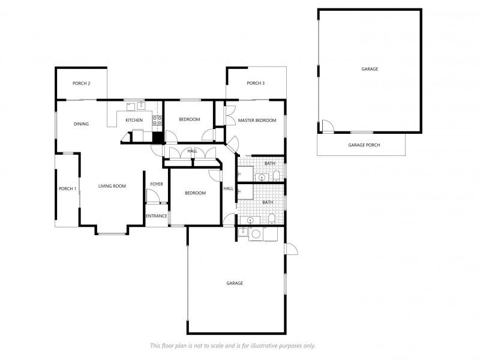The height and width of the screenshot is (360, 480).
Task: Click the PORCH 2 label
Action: pos(81,83)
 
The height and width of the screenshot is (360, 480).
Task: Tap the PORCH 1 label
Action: pos(67,188)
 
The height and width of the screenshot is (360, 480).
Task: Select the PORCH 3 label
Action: pos(256,83)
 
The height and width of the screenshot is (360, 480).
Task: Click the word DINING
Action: pos(81,124)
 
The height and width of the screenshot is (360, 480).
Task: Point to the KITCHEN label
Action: pos(134,121)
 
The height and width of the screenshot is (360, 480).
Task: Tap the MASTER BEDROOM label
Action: pos(257,121)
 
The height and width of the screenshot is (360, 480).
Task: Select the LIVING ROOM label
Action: pos(112,186)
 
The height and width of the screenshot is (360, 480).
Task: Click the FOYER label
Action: pos(157,184)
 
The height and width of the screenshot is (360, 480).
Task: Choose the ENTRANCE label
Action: pos(156,216)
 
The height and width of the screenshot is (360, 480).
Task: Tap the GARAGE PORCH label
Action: pos(364,145)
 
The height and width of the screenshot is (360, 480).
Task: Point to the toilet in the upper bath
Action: pos(275,176)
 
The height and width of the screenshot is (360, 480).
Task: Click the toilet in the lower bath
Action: pos(272,217)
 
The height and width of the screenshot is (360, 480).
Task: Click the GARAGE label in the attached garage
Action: pos(235,283)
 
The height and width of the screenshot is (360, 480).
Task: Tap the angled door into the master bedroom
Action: pos(232,144)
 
